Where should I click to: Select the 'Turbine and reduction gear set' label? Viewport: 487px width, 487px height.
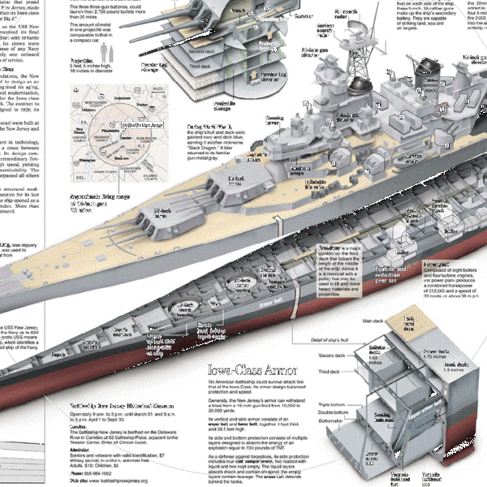398,273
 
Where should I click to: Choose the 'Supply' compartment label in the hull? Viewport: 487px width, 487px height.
58,355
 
